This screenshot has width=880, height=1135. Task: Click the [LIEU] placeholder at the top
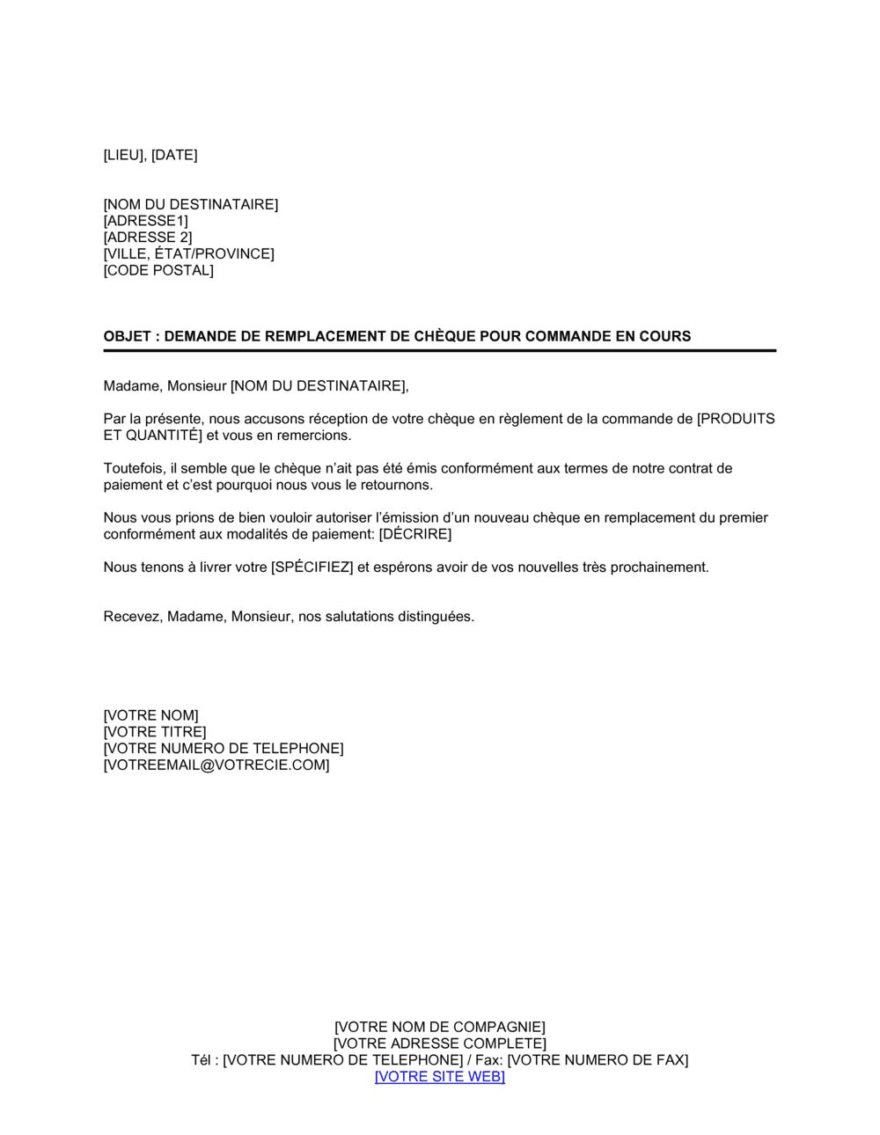point(123,156)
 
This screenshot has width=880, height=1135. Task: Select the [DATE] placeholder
point(174,156)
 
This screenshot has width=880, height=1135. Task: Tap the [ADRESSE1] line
point(145,221)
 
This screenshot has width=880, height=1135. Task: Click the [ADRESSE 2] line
point(147,238)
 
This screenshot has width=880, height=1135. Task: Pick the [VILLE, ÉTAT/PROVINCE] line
point(188,254)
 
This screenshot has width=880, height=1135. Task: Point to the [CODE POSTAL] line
point(158,271)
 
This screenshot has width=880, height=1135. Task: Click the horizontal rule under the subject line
point(439,351)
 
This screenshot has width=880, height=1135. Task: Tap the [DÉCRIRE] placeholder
point(414,535)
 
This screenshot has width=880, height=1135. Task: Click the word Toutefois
point(133,469)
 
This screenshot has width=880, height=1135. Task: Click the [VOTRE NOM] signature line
point(150,716)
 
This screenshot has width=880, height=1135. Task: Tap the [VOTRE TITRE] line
point(155,733)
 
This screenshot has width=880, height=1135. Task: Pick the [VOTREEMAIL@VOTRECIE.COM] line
point(216,765)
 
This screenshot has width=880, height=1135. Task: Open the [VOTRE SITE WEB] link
point(439,1077)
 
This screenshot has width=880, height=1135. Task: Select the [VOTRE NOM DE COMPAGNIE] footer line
point(439,1028)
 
